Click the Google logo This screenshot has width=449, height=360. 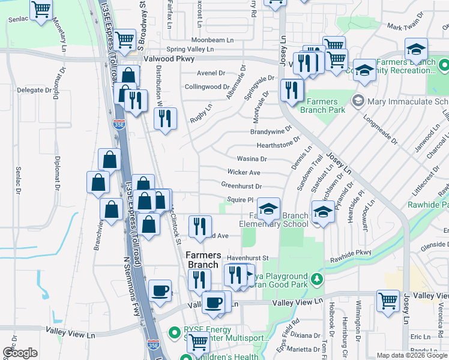(x=20, y=353)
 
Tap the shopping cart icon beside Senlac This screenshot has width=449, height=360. (x=41, y=10)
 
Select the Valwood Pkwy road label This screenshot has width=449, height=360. (x=169, y=59)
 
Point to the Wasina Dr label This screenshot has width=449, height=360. (x=252, y=159)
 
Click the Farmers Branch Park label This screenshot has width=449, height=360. (x=322, y=106)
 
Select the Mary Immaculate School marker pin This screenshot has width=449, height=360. (x=358, y=100)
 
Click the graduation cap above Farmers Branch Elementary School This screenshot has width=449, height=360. (x=268, y=209)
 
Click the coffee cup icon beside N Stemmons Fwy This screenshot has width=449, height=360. (x=160, y=291)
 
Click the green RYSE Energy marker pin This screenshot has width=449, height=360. (x=175, y=331)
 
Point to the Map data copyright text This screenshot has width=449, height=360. (x=412, y=355)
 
